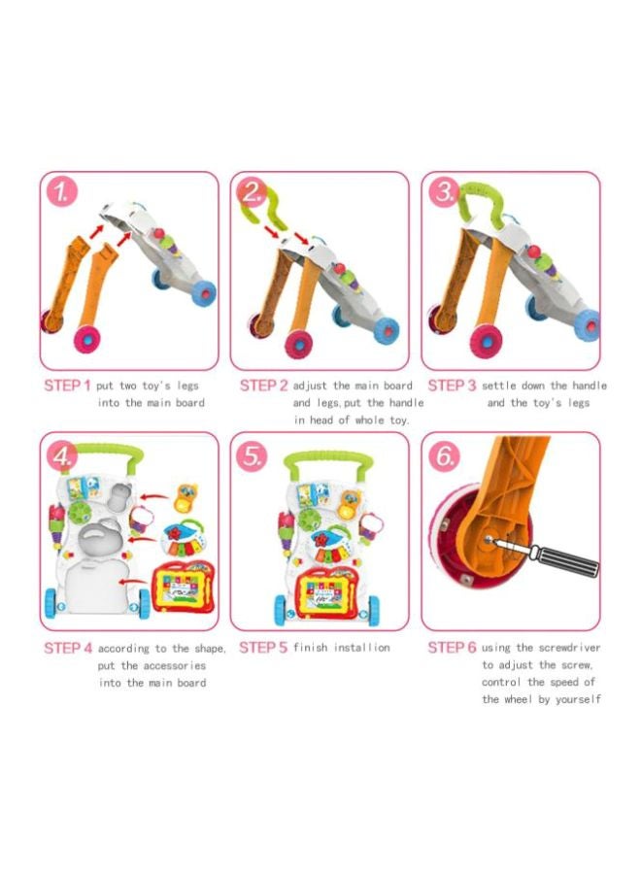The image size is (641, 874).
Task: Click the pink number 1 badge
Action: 61,192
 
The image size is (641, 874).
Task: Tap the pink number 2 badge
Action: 252,192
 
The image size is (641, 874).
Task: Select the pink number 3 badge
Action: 443,192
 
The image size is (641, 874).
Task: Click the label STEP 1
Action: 67,386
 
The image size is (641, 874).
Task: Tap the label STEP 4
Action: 67,648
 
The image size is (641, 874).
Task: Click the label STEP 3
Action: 452,386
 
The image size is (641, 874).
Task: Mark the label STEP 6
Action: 452,648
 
